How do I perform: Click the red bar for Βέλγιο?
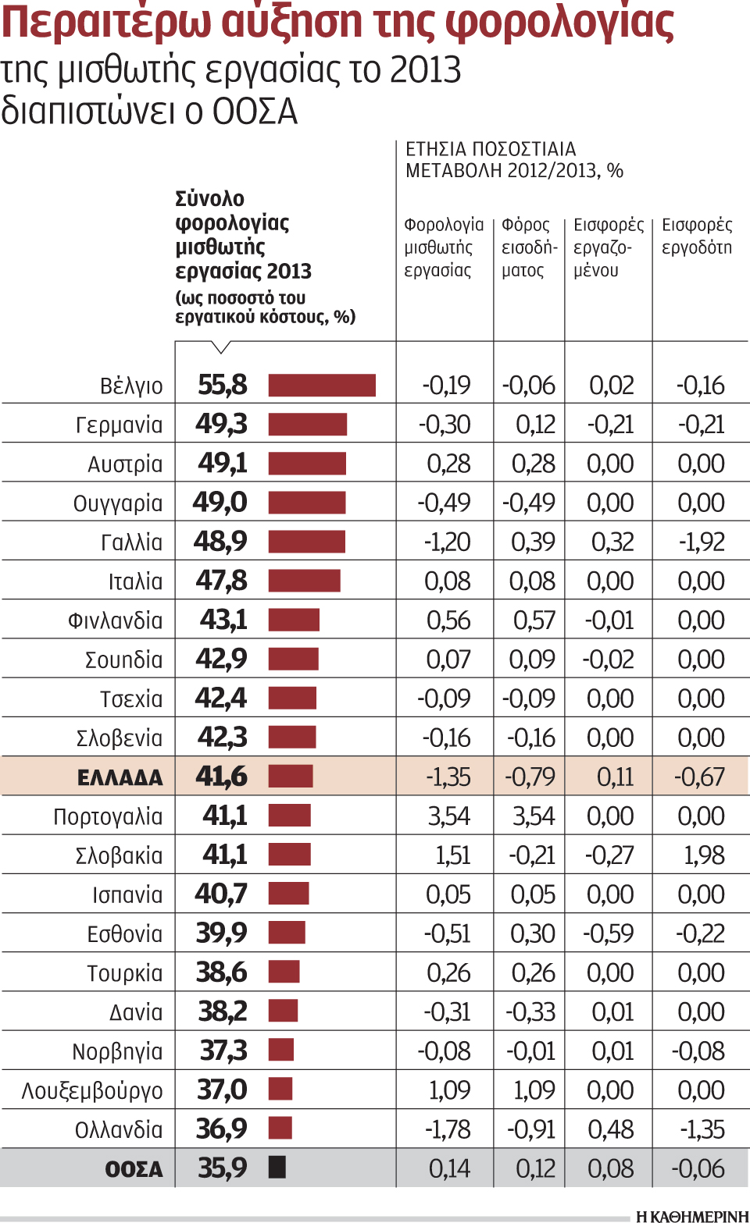click(322, 386)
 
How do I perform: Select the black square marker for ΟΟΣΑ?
click(277, 1168)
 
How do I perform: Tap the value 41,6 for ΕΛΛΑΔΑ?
click(221, 777)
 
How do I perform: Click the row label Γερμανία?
click(120, 425)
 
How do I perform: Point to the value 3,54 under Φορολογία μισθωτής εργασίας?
click(448, 816)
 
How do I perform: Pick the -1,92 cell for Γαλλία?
click(702, 542)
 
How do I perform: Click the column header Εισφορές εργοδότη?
click(697, 236)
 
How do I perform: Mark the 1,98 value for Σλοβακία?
click(704, 855)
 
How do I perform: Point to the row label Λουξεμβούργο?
click(92, 1091)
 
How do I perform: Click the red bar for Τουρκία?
click(284, 972)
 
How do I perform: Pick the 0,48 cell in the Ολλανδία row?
click(612, 1129)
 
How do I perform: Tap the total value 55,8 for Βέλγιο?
click(222, 386)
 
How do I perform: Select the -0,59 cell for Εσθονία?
click(609, 933)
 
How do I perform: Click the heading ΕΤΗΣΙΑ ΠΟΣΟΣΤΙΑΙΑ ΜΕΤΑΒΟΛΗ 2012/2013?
click(513, 160)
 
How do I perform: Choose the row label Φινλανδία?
click(116, 621)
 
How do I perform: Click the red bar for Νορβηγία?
click(281, 1051)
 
